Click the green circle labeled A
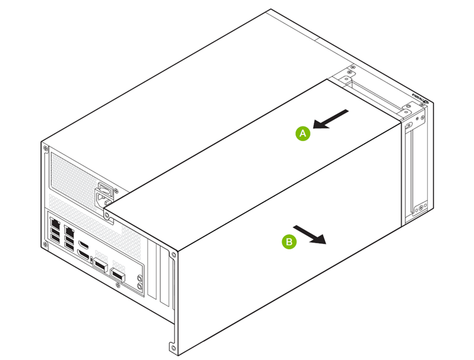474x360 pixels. [x=303, y=133]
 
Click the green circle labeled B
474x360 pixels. [x=289, y=241]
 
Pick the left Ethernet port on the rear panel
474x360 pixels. [x=57, y=224]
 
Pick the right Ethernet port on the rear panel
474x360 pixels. [x=70, y=231]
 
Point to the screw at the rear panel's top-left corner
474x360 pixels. [x=45, y=145]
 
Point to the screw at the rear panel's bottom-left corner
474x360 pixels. [x=46, y=244]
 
